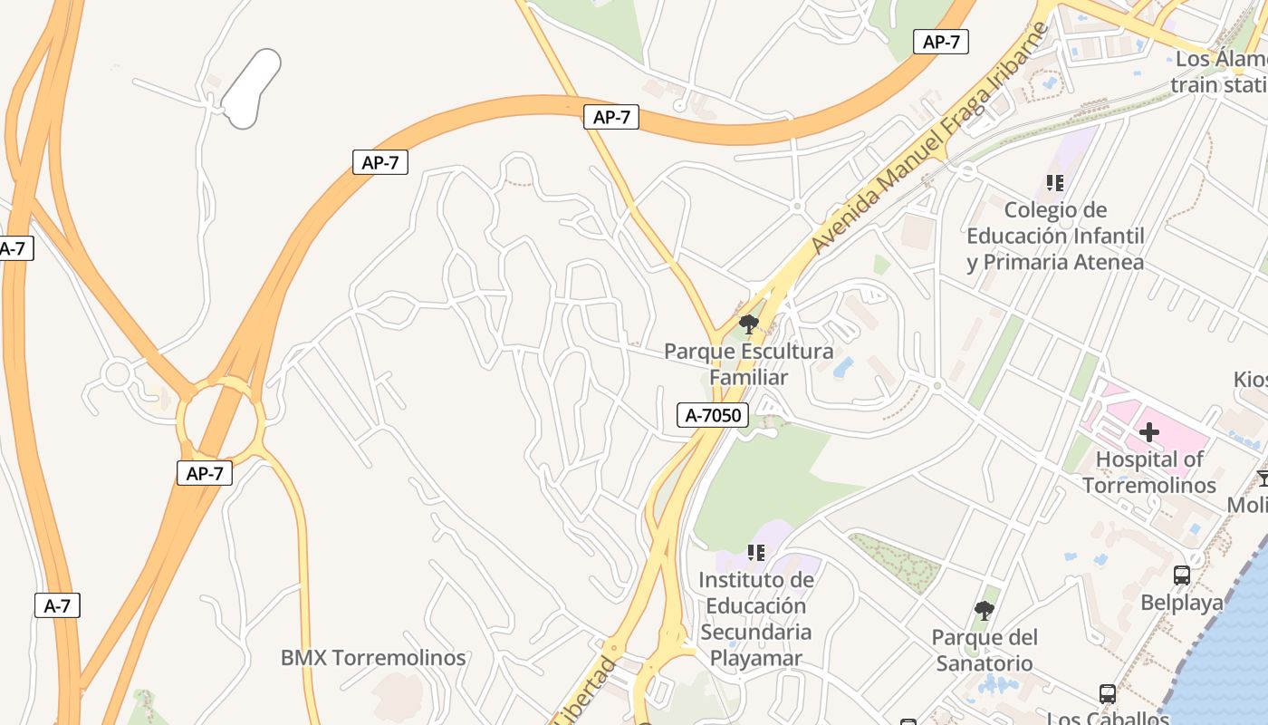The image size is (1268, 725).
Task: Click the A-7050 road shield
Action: (714, 415)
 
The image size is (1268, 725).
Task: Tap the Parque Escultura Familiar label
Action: (748, 363)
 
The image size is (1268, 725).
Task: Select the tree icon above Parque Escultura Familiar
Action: (748, 324)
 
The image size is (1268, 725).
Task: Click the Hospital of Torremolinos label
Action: (1149, 472)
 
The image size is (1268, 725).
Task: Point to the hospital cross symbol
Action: (1149, 432)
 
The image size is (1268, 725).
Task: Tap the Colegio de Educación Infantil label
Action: (1055, 236)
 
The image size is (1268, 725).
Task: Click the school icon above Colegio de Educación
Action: (1055, 184)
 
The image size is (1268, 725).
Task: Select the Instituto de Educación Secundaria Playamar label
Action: (756, 618)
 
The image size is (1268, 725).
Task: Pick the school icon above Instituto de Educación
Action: (756, 552)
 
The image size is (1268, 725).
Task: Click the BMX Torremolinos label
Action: (373, 658)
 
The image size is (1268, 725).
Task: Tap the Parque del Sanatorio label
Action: (985, 650)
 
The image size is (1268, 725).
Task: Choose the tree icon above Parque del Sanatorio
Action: (985, 612)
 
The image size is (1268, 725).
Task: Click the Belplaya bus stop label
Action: (1182, 603)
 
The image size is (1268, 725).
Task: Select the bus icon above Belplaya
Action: (1182, 575)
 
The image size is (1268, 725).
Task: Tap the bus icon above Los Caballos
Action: (1108, 693)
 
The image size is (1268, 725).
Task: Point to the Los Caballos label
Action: (1108, 718)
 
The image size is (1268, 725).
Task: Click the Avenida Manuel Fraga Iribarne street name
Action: (930, 137)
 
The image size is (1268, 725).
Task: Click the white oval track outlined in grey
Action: (251, 89)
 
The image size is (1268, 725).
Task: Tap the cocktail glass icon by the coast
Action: (1263, 477)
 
